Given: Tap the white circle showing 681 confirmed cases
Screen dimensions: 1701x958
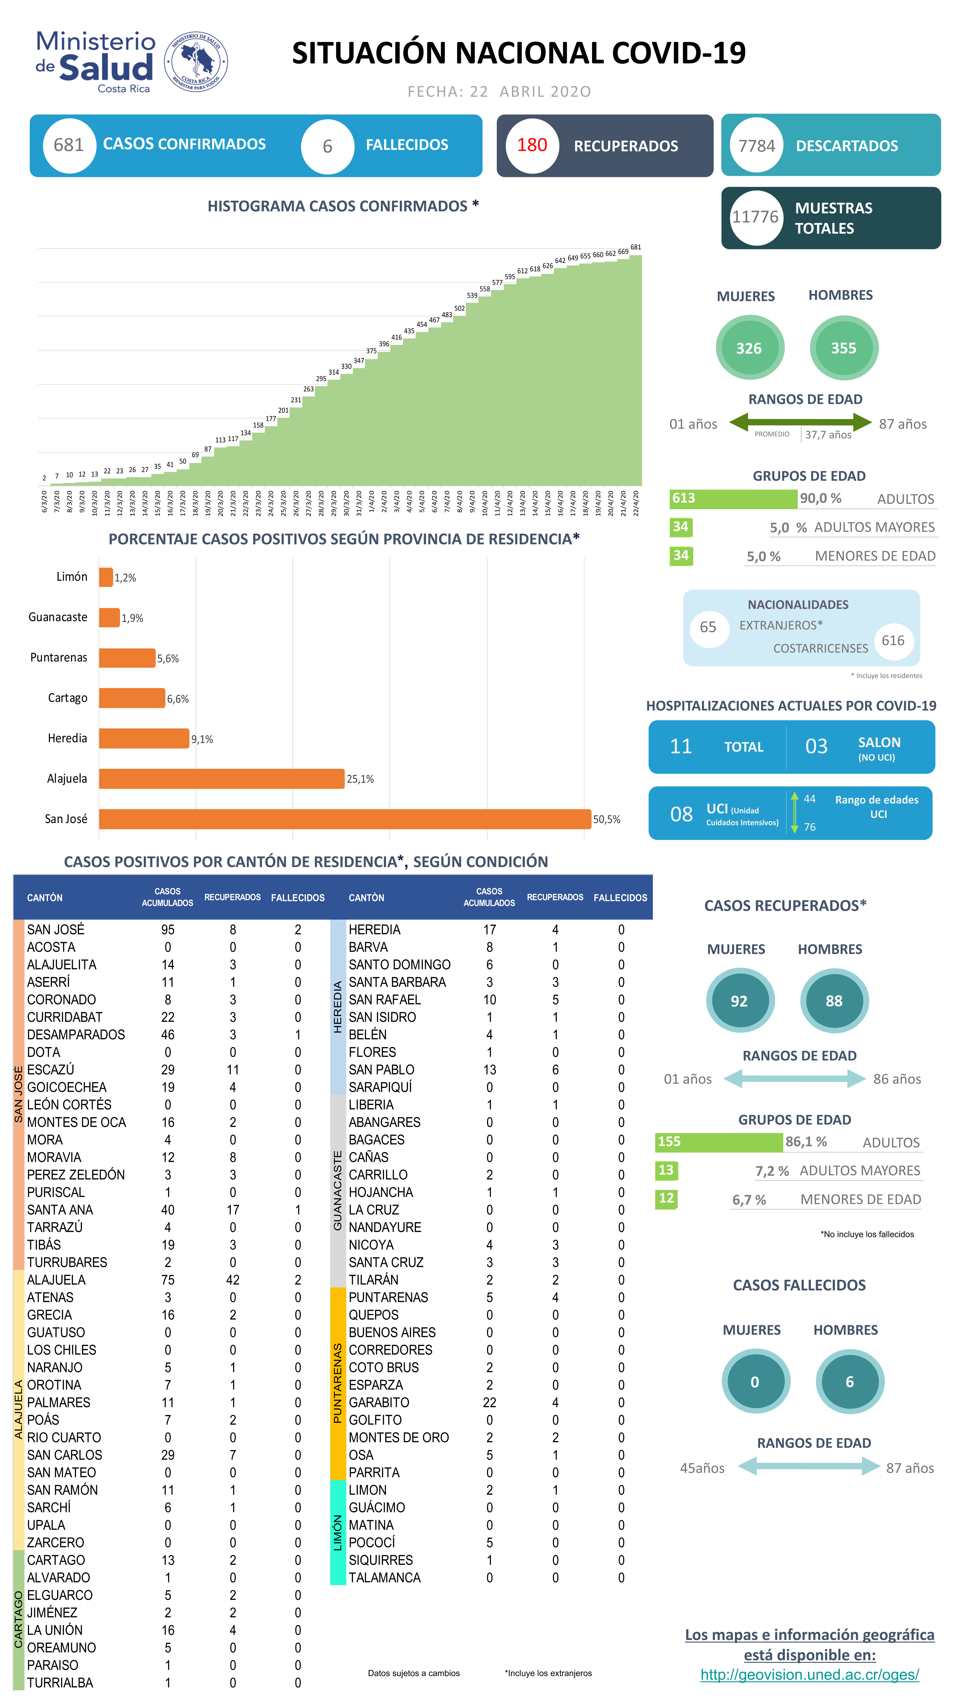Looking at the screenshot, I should point(69,145).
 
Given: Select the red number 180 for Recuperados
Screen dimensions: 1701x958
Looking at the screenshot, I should point(531,145).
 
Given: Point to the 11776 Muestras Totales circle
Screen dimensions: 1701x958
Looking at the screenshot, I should point(755,217).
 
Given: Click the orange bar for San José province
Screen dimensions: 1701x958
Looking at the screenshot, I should point(345,819).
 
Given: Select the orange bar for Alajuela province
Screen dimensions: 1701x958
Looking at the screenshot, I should point(222,779).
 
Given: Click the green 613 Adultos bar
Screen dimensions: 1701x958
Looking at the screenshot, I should point(733,499).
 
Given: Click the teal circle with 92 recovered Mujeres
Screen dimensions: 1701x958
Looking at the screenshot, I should point(739,1001).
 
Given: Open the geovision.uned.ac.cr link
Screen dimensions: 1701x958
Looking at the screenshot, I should point(809,1675).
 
